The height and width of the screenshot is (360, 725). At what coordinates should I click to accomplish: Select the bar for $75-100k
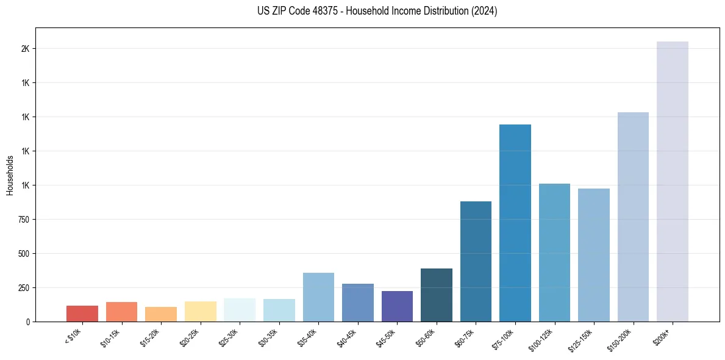[x=515, y=223]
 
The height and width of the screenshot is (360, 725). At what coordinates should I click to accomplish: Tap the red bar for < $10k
[x=82, y=314]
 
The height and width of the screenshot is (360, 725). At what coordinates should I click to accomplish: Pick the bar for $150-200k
[x=633, y=217]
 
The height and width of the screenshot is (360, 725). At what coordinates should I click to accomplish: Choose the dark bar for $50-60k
[x=436, y=295]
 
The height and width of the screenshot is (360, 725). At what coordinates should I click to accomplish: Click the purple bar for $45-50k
[x=397, y=306]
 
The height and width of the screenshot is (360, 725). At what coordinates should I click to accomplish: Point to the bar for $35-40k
[x=318, y=297]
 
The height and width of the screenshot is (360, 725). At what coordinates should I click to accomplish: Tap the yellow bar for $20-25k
[x=200, y=311]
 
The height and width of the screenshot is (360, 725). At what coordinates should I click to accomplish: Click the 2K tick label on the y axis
[x=26, y=49]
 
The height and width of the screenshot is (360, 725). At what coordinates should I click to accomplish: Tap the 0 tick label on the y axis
[x=28, y=322]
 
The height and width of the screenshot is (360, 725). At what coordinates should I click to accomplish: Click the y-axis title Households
[x=10, y=175]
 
